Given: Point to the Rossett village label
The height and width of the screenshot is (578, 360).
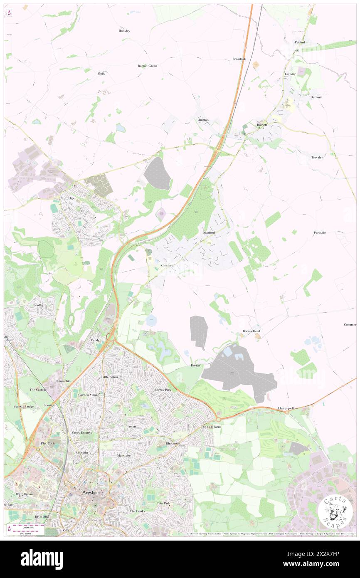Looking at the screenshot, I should (x=261, y=125).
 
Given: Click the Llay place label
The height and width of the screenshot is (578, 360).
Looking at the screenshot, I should (x=71, y=198).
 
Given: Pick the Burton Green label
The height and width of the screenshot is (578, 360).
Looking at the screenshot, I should (x=147, y=66).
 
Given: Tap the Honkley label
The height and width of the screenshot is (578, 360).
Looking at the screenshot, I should (x=124, y=31).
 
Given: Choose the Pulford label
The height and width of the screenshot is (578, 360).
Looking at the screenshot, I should (x=300, y=42).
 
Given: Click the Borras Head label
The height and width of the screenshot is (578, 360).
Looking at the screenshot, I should (x=251, y=331).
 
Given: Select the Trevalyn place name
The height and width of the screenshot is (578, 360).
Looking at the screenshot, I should (x=318, y=157).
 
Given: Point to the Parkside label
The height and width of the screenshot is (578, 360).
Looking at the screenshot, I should (x=320, y=232).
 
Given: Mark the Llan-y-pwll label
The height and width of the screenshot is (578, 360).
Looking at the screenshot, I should (x=286, y=408).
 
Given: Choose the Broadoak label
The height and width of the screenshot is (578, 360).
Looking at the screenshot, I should (x=239, y=59).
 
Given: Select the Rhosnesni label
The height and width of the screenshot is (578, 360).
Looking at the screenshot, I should (x=173, y=444).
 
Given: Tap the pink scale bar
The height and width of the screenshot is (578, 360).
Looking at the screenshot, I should (x=29, y=526).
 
